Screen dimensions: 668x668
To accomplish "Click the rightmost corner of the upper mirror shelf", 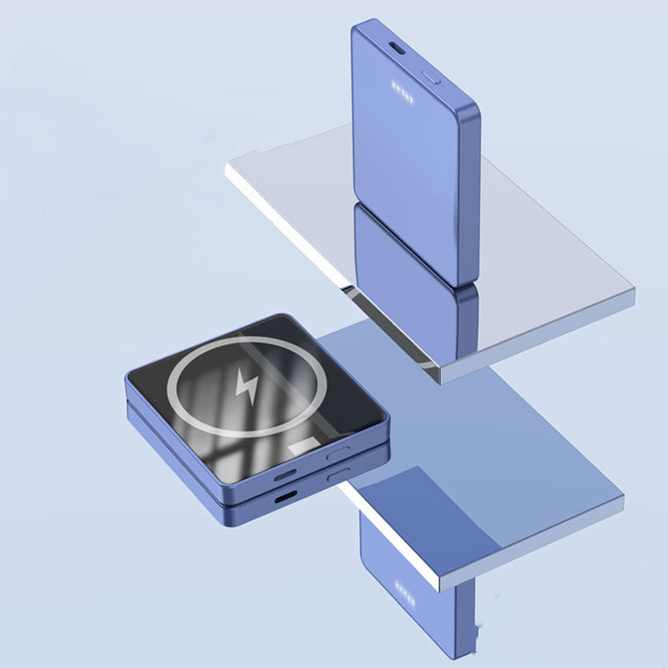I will coord(633,292).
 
